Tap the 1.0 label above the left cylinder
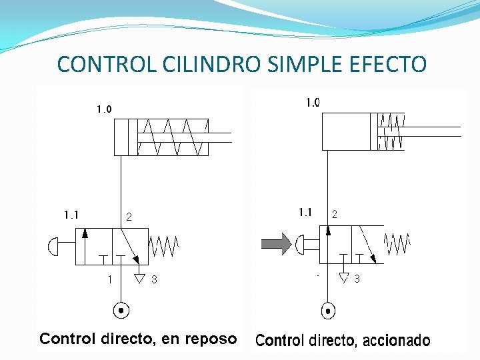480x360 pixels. coord(104,109)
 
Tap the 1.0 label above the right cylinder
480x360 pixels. coord(313,103)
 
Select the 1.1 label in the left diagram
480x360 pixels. coord(71,215)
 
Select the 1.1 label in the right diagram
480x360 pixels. coord(305,213)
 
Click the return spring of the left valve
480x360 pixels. coord(164,246)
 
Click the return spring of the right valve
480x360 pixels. coord(397,243)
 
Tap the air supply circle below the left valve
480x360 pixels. coord(121,310)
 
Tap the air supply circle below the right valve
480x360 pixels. coord(327,310)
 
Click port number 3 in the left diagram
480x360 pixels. coord(155,281)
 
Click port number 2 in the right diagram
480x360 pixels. coord(334,215)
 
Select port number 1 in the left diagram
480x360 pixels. coord(110,280)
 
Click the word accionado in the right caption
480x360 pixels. coord(397,341)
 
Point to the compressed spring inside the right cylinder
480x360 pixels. coord(391,131)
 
